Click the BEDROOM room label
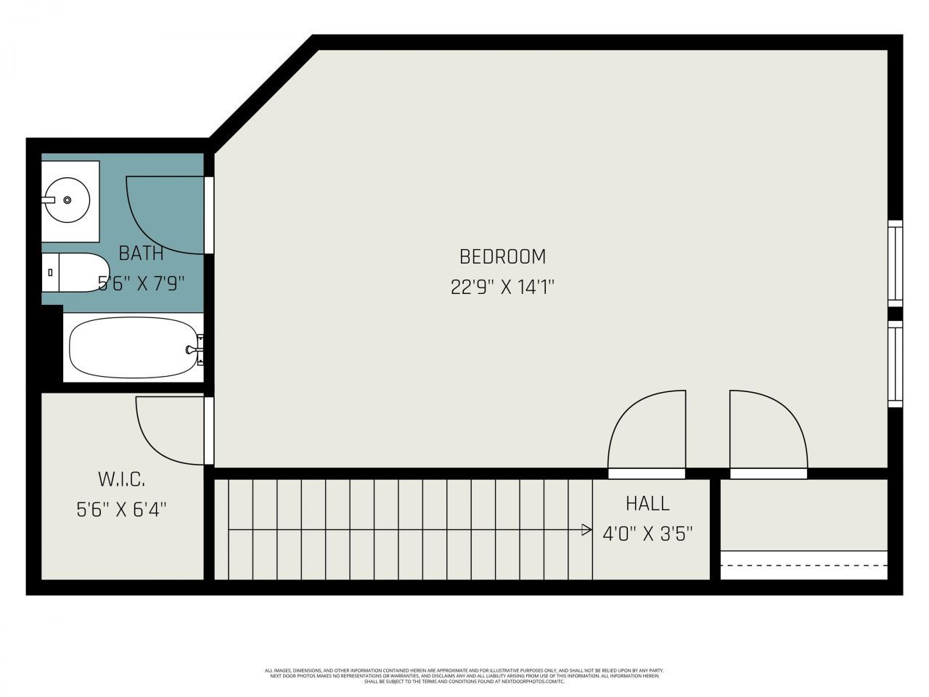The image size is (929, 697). [x=502, y=256]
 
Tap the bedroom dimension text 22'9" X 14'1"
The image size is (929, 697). [x=502, y=288]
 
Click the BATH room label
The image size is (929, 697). [x=141, y=253]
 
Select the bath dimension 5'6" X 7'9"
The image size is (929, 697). [x=142, y=283]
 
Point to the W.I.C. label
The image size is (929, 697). [x=121, y=479]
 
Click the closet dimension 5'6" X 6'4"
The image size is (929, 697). [x=121, y=510]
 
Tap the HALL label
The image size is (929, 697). [x=647, y=503]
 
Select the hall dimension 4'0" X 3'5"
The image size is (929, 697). [x=647, y=534]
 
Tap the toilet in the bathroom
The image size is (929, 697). [x=73, y=272]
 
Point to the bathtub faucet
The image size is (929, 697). [x=195, y=350]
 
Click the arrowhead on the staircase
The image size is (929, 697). [x=586, y=530]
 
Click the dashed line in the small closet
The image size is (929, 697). [x=803, y=564]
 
